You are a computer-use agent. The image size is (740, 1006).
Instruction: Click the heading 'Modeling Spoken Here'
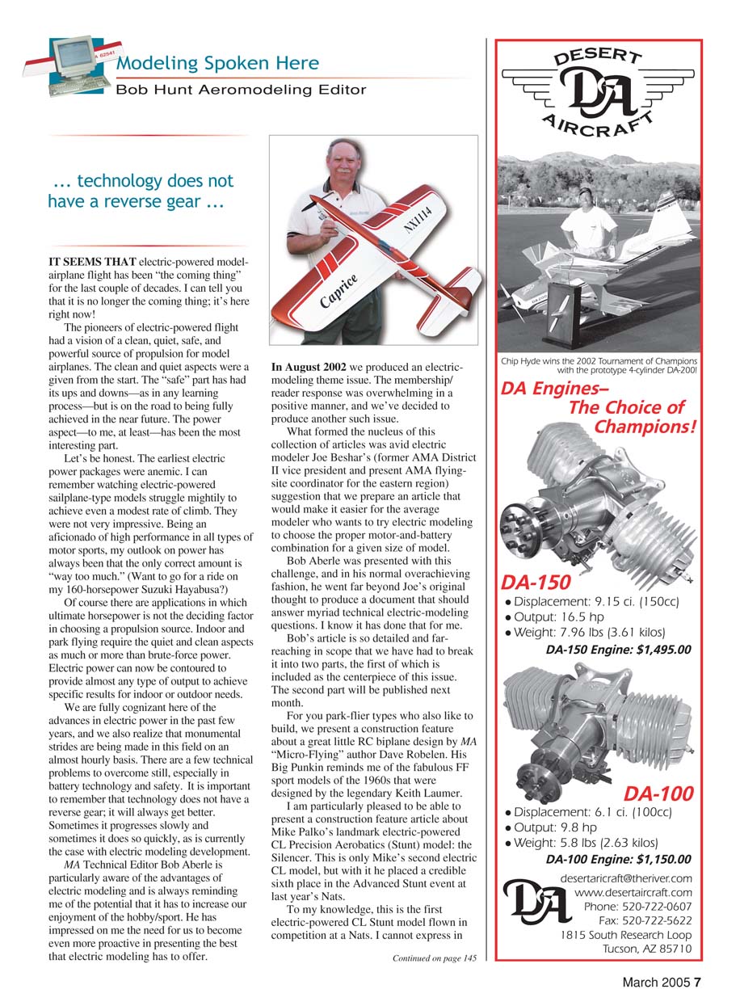(x=217, y=63)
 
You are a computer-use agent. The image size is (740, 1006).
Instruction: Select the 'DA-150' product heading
(x=536, y=582)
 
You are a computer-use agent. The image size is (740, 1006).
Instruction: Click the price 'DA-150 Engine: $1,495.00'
(x=619, y=648)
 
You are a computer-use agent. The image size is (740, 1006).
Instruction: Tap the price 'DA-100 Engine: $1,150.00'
(x=619, y=859)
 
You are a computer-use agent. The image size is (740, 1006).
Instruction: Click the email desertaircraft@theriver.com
(x=625, y=878)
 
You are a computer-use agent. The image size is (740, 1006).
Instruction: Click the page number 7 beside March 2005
(x=697, y=983)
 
